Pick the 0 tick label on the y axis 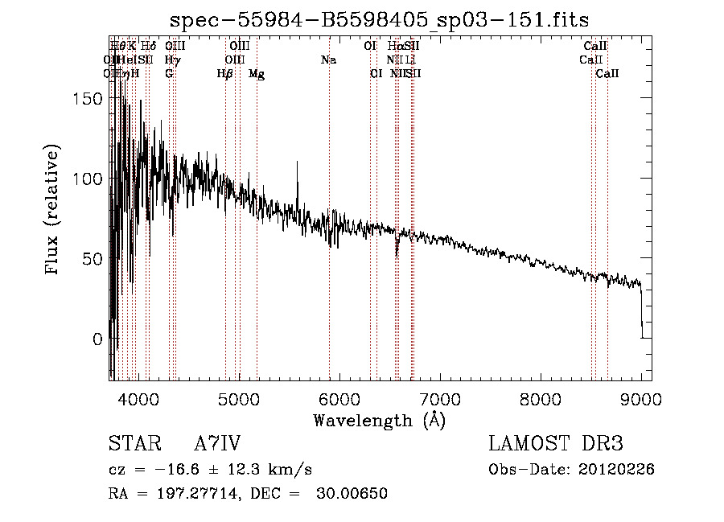[x=97, y=339]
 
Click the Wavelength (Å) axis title [x=379, y=420]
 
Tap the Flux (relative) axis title [x=54, y=211]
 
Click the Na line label [x=328, y=60]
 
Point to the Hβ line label [x=224, y=73]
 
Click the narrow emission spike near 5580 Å [x=298, y=165]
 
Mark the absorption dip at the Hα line [x=397, y=253]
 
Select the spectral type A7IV [x=217, y=445]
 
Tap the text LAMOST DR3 [x=555, y=445]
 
